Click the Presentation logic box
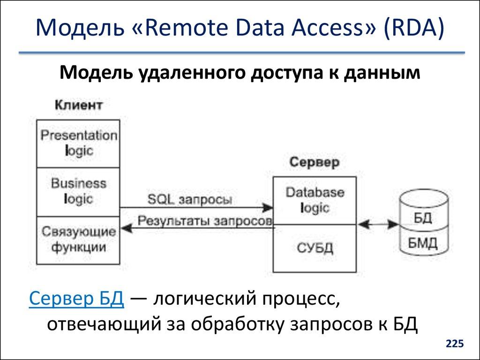78,143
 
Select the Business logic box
78,191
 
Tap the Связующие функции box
78,240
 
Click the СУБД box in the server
315,248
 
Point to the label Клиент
78,105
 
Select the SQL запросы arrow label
189,199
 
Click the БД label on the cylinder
423,219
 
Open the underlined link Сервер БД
76,299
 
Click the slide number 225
455,345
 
